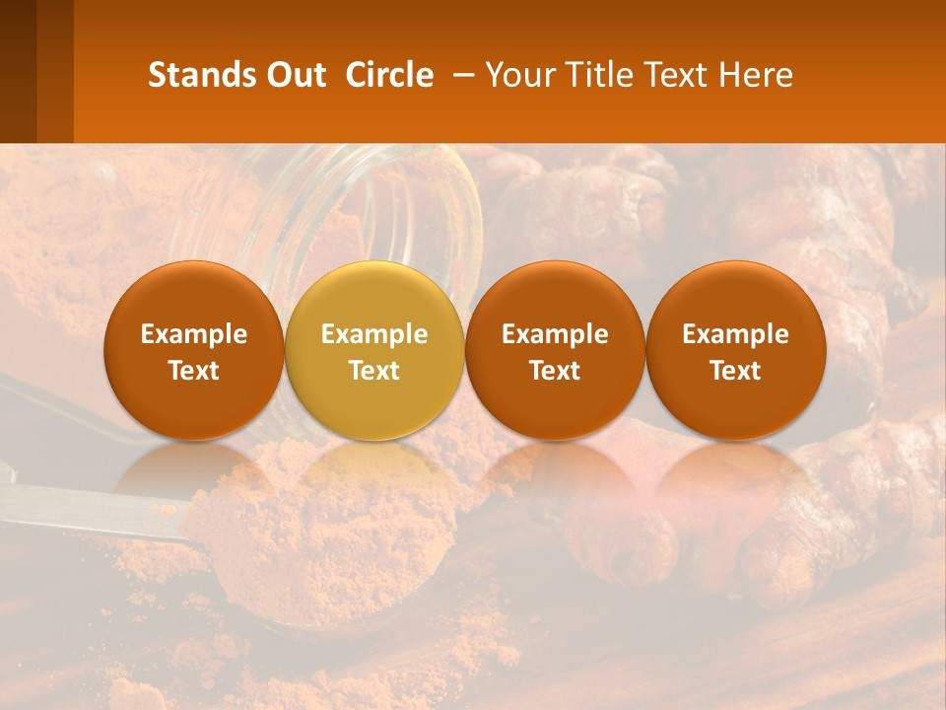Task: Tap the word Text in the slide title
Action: (677, 75)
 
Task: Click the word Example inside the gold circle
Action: (374, 334)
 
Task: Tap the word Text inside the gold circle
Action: (374, 371)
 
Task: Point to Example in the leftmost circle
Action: (194, 334)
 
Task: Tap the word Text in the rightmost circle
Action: (736, 371)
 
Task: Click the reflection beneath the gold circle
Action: (374, 473)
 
